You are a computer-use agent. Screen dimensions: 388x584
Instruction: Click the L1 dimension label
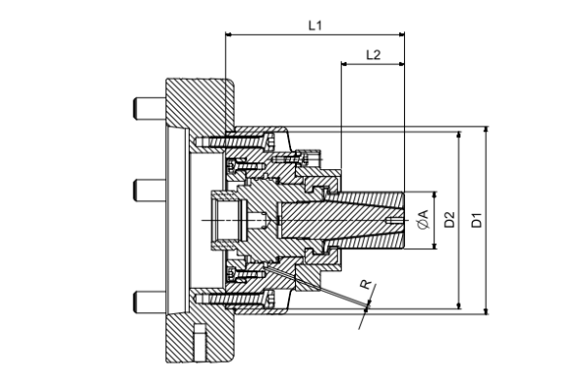point(314,23)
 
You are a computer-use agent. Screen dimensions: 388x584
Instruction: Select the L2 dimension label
point(373,54)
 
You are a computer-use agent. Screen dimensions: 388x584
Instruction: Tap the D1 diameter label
point(477,221)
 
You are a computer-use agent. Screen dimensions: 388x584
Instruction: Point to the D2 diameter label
point(450,221)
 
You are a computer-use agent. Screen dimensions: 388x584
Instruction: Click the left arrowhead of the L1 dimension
point(230,35)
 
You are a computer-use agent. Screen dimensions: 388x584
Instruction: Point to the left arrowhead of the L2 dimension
point(346,65)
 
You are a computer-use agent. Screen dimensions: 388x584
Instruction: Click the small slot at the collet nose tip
point(392,223)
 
